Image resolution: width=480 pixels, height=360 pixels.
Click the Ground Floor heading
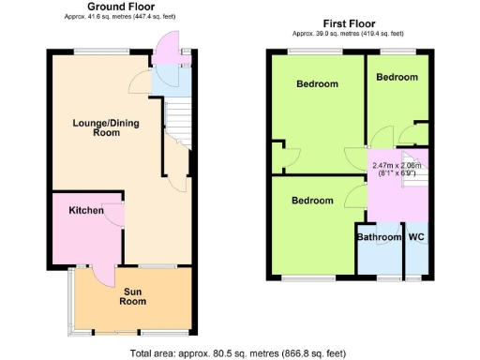pos(122,7)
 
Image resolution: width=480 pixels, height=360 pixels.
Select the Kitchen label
pos(85,211)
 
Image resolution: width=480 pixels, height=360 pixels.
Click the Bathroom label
pos(379,237)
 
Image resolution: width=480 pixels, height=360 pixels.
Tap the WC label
pos(416,237)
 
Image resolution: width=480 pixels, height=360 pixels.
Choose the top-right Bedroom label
pos(397,77)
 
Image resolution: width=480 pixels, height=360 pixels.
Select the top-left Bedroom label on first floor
pos(317,84)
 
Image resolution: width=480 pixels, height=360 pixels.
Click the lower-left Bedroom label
pos(311,201)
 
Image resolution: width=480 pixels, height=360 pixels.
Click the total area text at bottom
pos(238,353)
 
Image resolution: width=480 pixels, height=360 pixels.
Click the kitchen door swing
pos(115,215)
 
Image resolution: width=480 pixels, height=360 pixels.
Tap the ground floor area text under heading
pos(121,17)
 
